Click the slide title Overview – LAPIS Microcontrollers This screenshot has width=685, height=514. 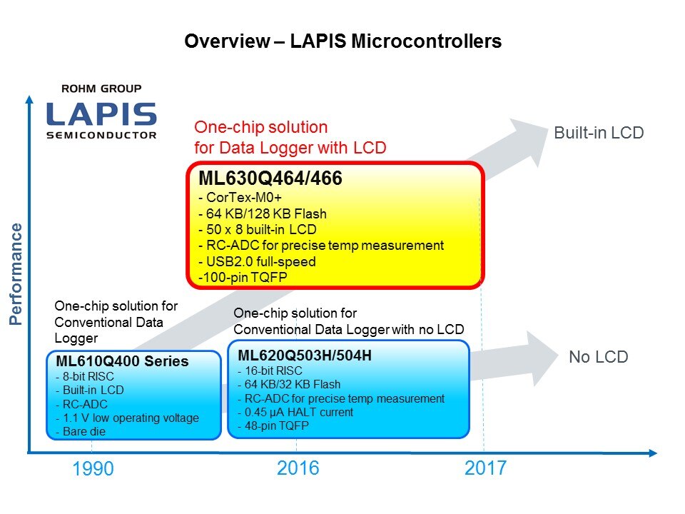pos(343,41)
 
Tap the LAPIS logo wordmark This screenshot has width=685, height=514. pos(101,114)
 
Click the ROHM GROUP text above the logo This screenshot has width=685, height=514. pos(101,89)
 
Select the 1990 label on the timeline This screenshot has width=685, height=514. pos(93,468)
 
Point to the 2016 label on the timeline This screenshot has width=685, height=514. pos(298,468)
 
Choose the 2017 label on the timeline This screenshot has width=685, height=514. pos(485,468)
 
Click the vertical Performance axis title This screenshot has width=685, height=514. pos(16,274)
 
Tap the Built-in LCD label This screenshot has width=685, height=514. pos(599,133)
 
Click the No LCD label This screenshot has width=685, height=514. pos(599,357)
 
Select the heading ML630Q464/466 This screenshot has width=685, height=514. pos(270,178)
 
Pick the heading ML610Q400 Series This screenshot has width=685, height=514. pos(122,361)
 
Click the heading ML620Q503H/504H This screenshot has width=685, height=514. pos(305,356)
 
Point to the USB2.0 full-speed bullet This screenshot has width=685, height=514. pos(257,261)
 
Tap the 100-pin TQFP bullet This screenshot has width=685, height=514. pos(243,277)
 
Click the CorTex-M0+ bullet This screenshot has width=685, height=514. pos(240,198)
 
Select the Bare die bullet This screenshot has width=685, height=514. pos(81,431)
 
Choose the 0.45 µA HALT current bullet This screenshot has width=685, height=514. pos(295,412)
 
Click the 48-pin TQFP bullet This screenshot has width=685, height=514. pos(273,425)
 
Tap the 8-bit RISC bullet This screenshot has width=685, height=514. pos(85,376)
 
